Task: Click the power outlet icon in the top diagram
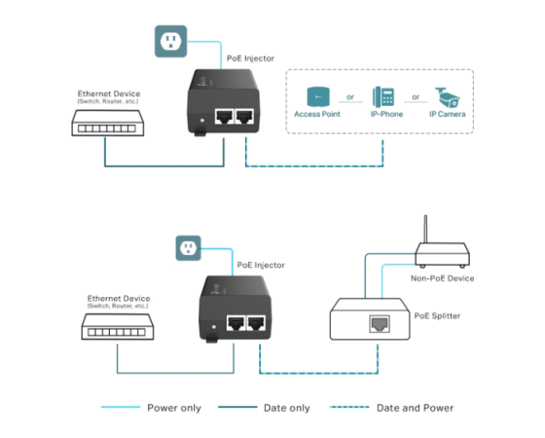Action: coord(170,41)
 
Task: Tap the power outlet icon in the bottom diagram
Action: coord(189,248)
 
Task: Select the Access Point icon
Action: coord(318,96)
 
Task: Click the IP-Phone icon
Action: coord(383,97)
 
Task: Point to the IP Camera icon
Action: coord(448,97)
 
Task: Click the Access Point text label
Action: coord(317,114)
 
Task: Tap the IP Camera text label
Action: coord(448,114)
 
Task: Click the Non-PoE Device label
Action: coord(442,278)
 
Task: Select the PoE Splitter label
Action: coord(437,316)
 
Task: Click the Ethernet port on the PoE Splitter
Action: coord(380,324)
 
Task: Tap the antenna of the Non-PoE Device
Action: coord(425,229)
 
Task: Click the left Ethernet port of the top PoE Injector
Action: coord(224,117)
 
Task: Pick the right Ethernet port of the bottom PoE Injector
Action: coord(256,323)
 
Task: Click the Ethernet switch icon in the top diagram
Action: coord(108,123)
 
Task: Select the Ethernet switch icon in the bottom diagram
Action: coord(118,327)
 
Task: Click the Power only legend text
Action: coord(174,408)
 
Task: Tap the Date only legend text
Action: coord(287,408)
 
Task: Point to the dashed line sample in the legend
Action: coord(349,407)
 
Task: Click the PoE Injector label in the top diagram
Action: coord(250,58)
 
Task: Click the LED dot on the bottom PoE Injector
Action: coord(214,327)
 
